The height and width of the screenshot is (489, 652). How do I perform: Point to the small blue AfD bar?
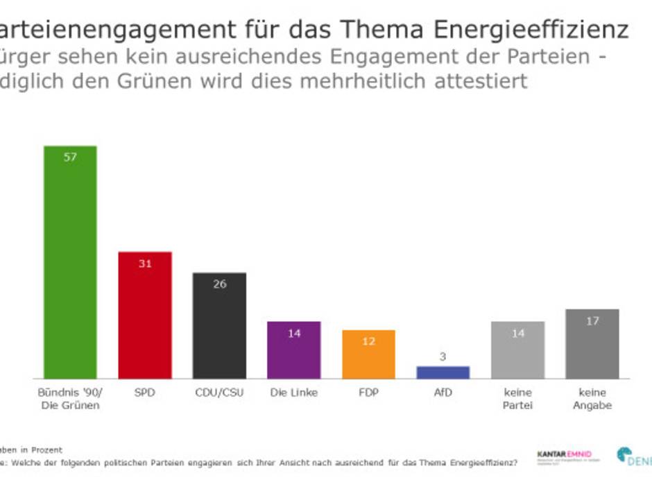tap(443, 372)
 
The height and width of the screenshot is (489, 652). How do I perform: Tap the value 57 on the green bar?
tap(70, 157)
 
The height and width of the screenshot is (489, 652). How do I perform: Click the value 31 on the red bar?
tap(145, 263)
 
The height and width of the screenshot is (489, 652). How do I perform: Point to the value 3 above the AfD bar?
tap(443, 357)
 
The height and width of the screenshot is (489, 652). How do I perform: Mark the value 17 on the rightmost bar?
tap(592, 320)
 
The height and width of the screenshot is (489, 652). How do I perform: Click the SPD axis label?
tap(145, 393)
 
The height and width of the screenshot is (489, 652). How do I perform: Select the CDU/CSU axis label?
tap(219, 393)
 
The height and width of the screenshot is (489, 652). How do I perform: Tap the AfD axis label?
tap(443, 393)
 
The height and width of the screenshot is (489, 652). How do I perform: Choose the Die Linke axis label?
tap(294, 393)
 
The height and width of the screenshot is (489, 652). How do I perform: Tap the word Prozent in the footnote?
tap(48, 450)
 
